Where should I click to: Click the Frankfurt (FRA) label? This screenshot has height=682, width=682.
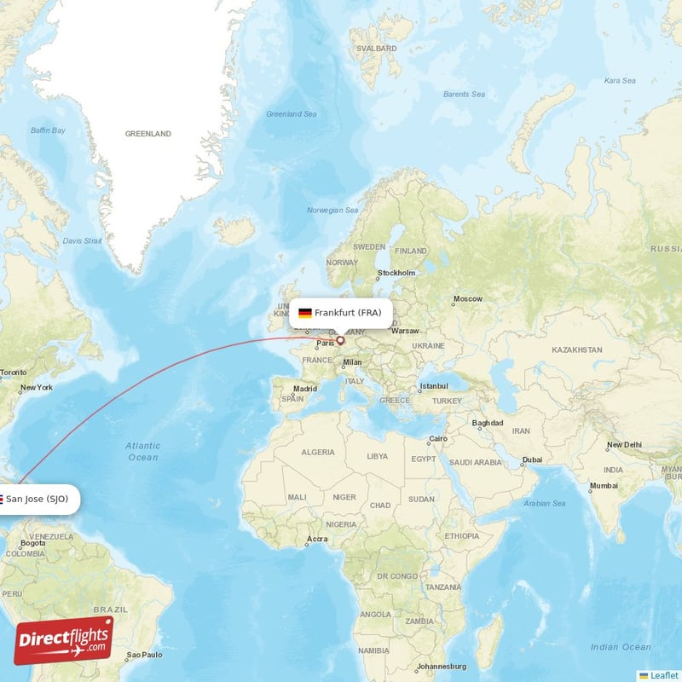[348, 313]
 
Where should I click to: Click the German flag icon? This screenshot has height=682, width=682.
[304, 313]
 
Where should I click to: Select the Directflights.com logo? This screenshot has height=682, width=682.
[64, 640]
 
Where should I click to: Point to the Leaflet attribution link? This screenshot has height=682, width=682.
[664, 675]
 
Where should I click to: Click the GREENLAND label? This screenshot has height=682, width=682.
[148, 134]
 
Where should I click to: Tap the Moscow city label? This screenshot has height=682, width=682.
[467, 299]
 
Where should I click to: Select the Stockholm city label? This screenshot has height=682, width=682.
[397, 274]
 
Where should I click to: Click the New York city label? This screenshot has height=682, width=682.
[37, 388]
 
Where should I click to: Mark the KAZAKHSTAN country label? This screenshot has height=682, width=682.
[577, 350]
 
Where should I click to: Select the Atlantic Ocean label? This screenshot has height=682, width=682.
[142, 451]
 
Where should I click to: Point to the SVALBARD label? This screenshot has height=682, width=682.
[379, 49]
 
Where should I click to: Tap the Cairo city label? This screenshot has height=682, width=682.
[437, 439]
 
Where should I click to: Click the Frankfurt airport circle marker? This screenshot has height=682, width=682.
[340, 340]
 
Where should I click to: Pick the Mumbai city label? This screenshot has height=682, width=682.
[604, 485]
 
